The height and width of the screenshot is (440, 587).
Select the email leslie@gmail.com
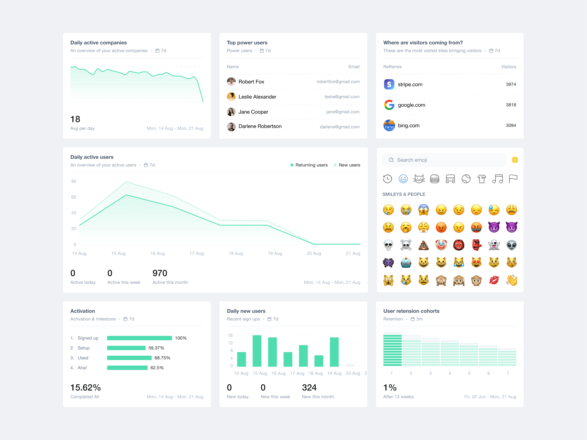pyautogui.click(x=342, y=97)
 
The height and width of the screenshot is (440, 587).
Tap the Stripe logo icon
pyautogui.click(x=389, y=84)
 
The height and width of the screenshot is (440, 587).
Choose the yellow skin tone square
pyautogui.click(x=515, y=160)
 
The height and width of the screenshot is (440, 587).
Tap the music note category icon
pyautogui.click(x=497, y=179)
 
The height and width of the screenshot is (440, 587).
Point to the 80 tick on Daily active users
pyautogui.click(x=74, y=181)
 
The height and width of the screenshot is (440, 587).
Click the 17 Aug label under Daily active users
pyautogui.click(x=196, y=253)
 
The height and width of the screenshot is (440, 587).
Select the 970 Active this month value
pyautogui.click(x=160, y=273)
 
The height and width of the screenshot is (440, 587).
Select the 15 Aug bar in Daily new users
pyautogui.click(x=257, y=351)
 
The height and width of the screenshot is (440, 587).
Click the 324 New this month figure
pyautogui.click(x=309, y=388)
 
